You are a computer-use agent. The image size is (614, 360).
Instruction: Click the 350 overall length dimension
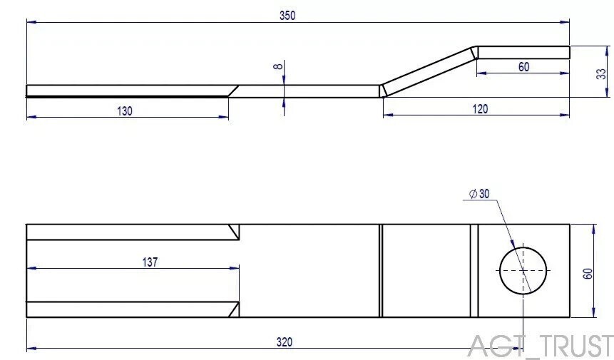287,15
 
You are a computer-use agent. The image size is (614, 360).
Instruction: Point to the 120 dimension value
480,108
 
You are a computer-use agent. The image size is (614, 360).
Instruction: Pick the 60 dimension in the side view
523,66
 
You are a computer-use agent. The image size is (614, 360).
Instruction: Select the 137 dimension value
149,262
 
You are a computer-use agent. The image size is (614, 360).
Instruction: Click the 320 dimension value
284,342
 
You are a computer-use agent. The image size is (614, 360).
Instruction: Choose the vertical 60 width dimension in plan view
588,274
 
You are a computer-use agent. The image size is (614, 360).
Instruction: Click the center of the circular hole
523,270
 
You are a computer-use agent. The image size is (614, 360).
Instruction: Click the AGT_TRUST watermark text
540,346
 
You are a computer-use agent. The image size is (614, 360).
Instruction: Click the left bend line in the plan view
381,270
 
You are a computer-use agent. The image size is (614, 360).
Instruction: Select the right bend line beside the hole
474,270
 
